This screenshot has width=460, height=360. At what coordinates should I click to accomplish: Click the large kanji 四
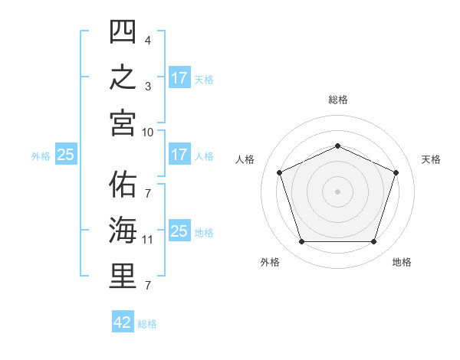tap(123, 31)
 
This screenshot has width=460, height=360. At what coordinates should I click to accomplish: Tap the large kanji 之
tap(123, 77)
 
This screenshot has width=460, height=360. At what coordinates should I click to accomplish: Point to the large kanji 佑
tap(123, 185)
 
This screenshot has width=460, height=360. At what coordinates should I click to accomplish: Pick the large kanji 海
tap(123, 231)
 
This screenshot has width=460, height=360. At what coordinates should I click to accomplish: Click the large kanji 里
tap(123, 277)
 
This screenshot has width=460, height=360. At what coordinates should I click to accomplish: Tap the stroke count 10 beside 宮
tap(147, 133)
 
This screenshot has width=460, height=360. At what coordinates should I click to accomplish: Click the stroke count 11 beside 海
tap(147, 240)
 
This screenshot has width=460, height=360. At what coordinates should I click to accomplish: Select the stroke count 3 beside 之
tap(148, 87)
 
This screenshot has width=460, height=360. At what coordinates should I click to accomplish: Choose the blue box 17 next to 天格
tap(179, 77)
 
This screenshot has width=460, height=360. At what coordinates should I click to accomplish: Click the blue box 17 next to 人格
tap(179, 154)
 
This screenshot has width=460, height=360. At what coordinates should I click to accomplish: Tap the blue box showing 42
tap(123, 321)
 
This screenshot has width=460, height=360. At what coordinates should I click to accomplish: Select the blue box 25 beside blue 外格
tap(66, 154)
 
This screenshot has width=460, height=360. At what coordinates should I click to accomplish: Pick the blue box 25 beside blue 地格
tap(179, 230)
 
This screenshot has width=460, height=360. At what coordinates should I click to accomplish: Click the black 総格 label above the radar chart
tap(338, 100)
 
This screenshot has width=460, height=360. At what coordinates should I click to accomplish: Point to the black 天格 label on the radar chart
tap(431, 159)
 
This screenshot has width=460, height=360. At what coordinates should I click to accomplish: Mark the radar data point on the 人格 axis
tap(280, 172)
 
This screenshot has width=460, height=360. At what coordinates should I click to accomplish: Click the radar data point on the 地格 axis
tap(373, 242)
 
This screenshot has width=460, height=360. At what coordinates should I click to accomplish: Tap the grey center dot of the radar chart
tap(337, 191)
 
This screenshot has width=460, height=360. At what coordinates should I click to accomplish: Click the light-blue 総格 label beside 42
tap(147, 324)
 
